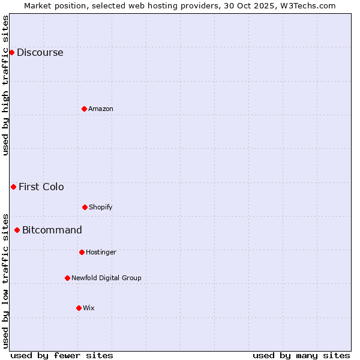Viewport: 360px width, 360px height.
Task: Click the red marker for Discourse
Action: [11, 52]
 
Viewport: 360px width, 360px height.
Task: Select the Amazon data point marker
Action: [84, 109]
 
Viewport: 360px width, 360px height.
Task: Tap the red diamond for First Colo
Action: [13, 187]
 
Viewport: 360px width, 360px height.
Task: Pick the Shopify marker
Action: [85, 207]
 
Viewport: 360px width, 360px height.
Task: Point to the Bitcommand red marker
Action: [17, 230]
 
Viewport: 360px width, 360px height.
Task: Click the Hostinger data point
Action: [82, 252]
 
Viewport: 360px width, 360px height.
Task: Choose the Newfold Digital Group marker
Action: [67, 278]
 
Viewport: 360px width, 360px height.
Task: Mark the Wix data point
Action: [79, 308]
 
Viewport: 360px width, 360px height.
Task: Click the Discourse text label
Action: [40, 52]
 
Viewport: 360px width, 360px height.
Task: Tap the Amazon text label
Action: [101, 109]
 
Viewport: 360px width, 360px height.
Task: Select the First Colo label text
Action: [41, 187]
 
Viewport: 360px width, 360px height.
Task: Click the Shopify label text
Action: [101, 207]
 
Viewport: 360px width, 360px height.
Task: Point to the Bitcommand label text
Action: [52, 230]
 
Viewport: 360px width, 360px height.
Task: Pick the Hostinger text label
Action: [101, 252]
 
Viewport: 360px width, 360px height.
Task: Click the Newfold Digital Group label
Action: [106, 278]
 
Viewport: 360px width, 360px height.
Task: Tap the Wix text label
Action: [89, 308]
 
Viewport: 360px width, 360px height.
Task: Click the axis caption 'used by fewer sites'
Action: [62, 355]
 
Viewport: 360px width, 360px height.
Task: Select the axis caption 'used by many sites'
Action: [301, 355]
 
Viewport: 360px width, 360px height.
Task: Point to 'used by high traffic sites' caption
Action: [5, 85]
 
